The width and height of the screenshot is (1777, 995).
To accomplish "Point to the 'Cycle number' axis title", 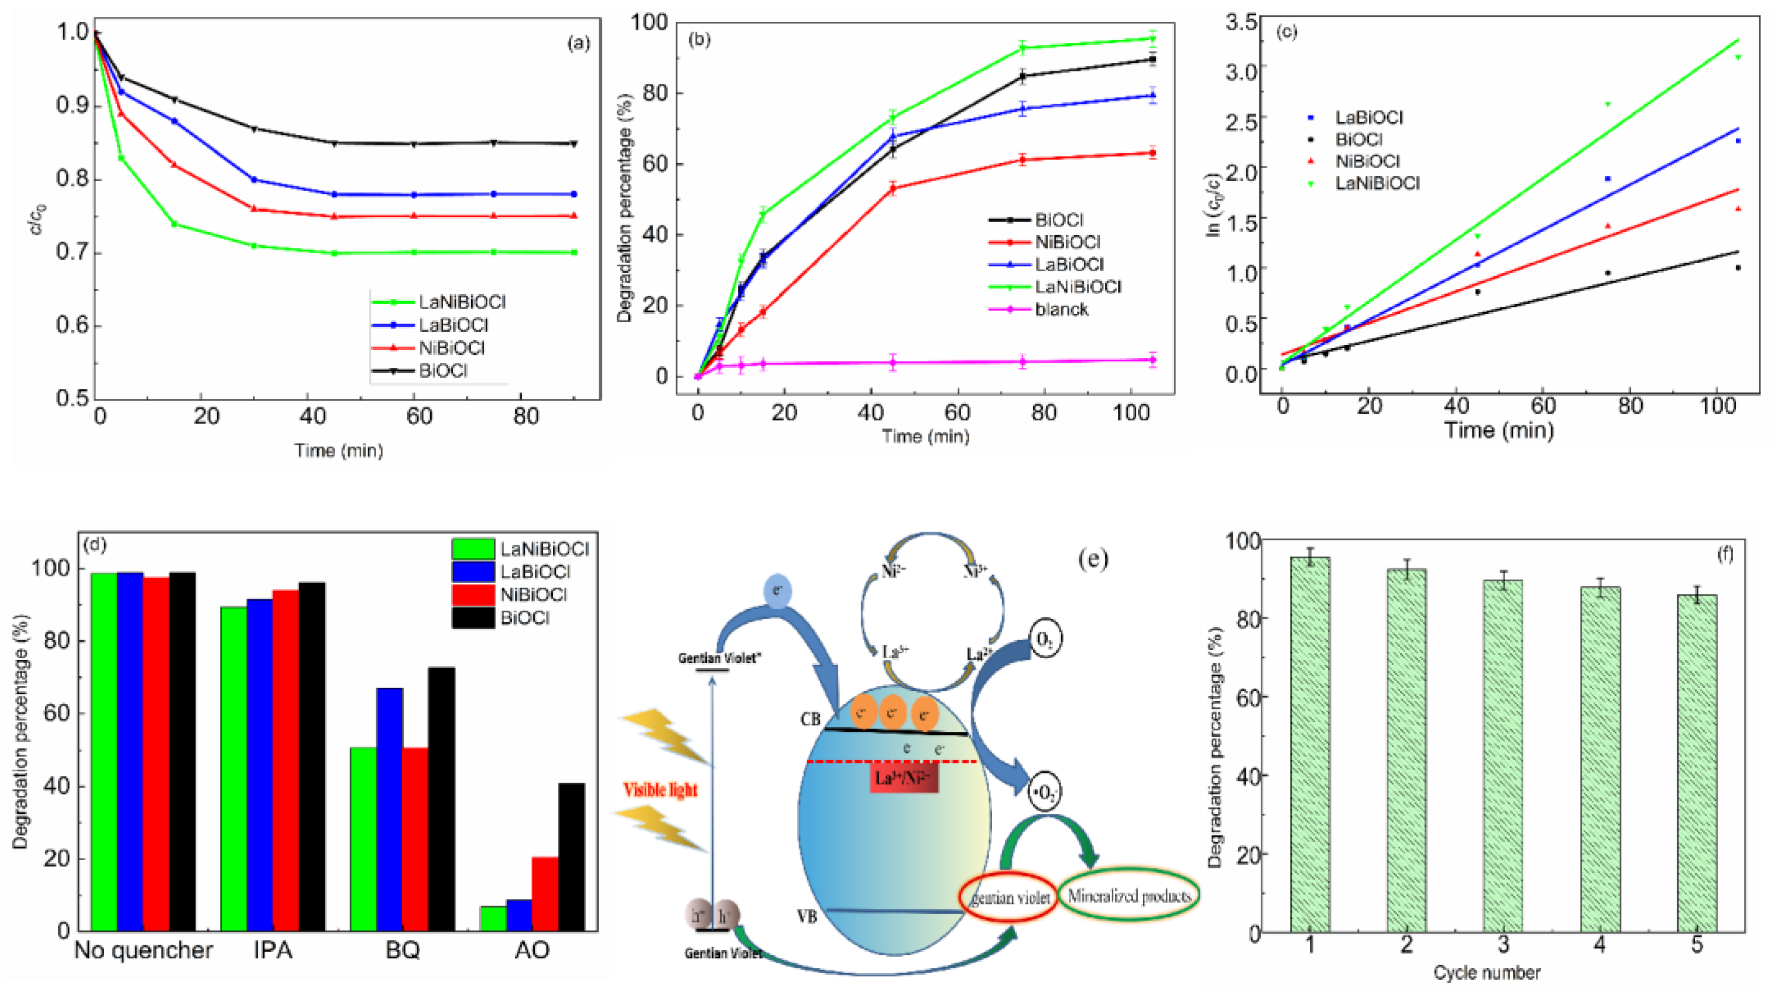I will pos(1487,973).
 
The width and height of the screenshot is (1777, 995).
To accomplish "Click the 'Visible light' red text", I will pos(660,789).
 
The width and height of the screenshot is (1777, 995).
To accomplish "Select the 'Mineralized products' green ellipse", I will pos(1129,896).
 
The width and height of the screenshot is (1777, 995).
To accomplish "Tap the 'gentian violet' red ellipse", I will pos(1009,897).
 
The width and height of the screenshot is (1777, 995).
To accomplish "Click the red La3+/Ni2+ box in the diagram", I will pos(903,778).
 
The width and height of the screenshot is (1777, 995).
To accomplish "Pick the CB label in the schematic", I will pos(810,719).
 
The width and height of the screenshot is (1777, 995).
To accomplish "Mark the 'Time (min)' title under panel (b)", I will pos(925,436).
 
